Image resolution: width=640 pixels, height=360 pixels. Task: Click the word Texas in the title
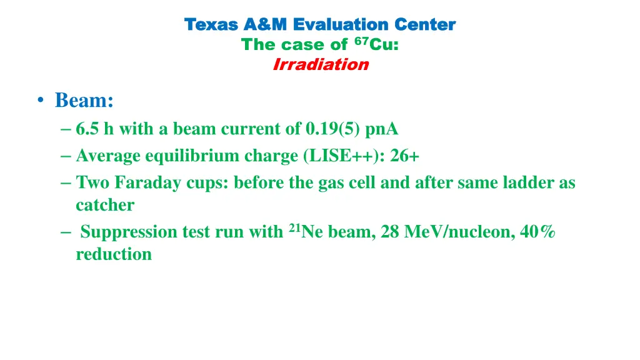pos(212,25)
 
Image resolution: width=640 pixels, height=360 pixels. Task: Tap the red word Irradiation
pos(321,65)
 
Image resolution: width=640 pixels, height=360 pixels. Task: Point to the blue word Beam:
pos(84,100)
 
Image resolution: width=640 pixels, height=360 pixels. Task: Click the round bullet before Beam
pos(41,101)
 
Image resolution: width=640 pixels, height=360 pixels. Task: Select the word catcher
pos(105,205)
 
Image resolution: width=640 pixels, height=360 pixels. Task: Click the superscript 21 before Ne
pos(294,228)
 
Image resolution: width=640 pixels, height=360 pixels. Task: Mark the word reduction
pos(114,254)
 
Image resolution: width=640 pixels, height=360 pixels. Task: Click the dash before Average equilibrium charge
pos(67,156)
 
